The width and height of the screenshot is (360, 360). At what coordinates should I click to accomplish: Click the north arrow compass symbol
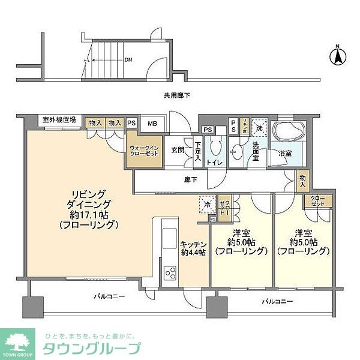(338, 56)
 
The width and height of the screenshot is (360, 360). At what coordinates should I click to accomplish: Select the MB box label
(152, 124)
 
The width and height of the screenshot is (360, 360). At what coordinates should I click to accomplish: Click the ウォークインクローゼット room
(144, 151)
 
